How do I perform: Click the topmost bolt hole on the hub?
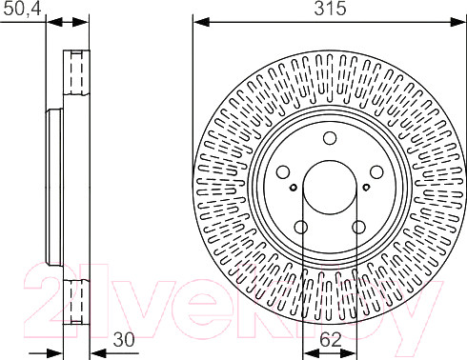330,137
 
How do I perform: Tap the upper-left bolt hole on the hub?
284,171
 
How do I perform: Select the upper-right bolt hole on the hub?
376,171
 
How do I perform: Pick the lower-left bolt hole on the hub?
301,227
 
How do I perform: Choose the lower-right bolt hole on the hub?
358,227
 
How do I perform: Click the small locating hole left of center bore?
294,187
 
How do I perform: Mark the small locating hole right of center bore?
365,187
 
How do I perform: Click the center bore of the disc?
330,187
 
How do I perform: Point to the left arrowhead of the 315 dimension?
198,20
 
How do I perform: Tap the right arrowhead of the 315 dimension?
460,20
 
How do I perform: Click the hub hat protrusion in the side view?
52,187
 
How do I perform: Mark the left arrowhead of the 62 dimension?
308,349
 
